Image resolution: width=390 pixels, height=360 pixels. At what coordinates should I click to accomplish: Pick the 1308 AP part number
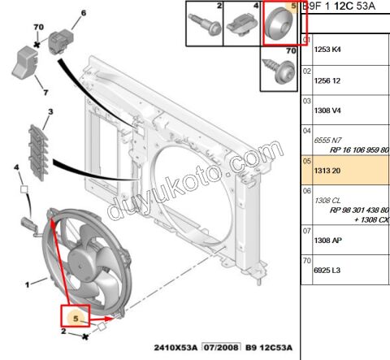coord(329,241)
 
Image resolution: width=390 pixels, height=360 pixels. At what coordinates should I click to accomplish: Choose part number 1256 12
coord(329,81)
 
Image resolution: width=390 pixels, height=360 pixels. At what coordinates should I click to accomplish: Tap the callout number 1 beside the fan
coord(28,284)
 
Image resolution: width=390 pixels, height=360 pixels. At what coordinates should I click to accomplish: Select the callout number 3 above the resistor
coord(50,112)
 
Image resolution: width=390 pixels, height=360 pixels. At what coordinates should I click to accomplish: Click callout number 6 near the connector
coord(83,15)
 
